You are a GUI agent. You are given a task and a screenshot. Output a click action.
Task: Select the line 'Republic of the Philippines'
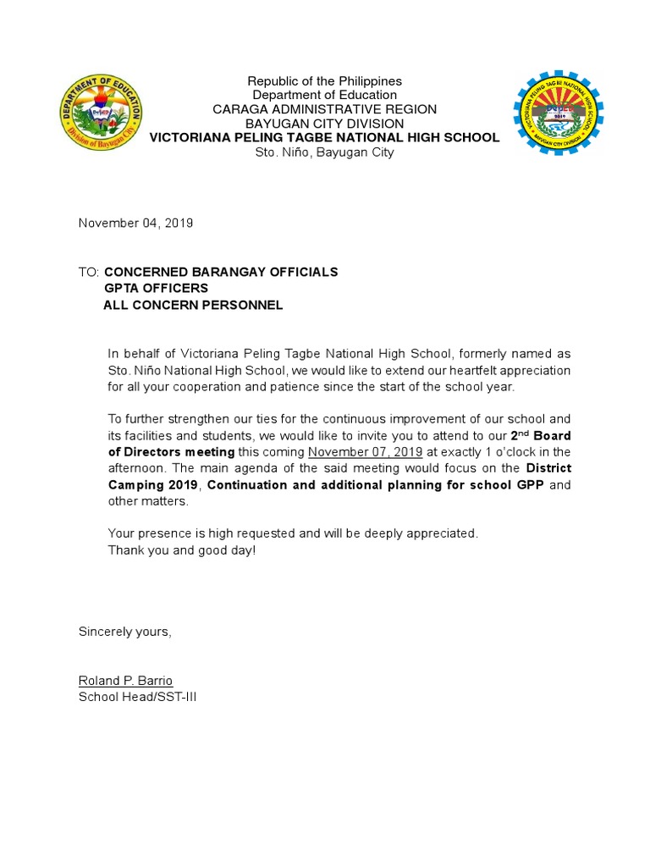tap(324, 81)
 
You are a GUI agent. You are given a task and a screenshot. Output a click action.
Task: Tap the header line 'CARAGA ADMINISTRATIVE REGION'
tap(324, 109)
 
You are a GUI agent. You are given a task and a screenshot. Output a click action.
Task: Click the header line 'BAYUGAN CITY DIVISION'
tap(324, 124)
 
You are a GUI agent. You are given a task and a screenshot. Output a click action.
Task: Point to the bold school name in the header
tap(324, 137)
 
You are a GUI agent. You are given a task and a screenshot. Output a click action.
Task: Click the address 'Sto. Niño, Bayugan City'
tap(324, 152)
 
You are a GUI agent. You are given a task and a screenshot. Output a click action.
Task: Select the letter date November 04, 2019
tap(136, 224)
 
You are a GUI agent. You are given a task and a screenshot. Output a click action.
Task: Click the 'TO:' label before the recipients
tap(89, 272)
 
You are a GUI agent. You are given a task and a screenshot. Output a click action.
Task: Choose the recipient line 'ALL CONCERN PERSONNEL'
tap(193, 305)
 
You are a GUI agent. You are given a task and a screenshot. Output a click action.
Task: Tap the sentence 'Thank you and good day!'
tap(181, 550)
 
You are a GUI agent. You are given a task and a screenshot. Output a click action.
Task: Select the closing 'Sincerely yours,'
tap(124, 632)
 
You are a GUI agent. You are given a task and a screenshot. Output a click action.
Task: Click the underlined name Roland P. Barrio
tap(125, 681)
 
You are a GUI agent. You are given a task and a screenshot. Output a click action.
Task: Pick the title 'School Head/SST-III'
tap(137, 697)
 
